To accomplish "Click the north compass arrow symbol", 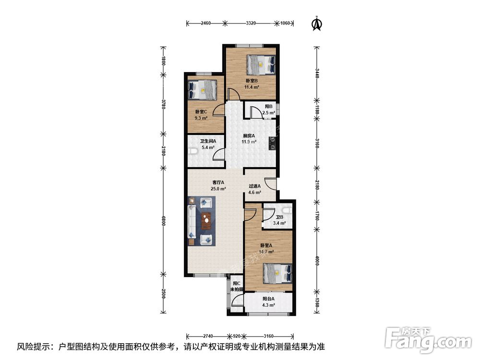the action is coord(317,24).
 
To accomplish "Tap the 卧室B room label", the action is coord(252,81).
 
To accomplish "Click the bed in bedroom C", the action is coord(203,90).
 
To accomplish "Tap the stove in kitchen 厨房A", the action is coord(272,143).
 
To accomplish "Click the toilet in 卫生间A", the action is coord(192,151).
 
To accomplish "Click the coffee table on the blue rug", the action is coord(207,220).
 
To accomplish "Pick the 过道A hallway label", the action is coord(254,186).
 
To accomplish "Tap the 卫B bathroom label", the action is coord(279,217).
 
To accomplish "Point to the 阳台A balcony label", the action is coord(268,299).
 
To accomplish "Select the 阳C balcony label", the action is coord(236,284).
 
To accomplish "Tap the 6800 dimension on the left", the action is coord(164,220).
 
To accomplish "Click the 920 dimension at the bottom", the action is coord(237,336).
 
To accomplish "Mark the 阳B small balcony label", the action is coord(269,106).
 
